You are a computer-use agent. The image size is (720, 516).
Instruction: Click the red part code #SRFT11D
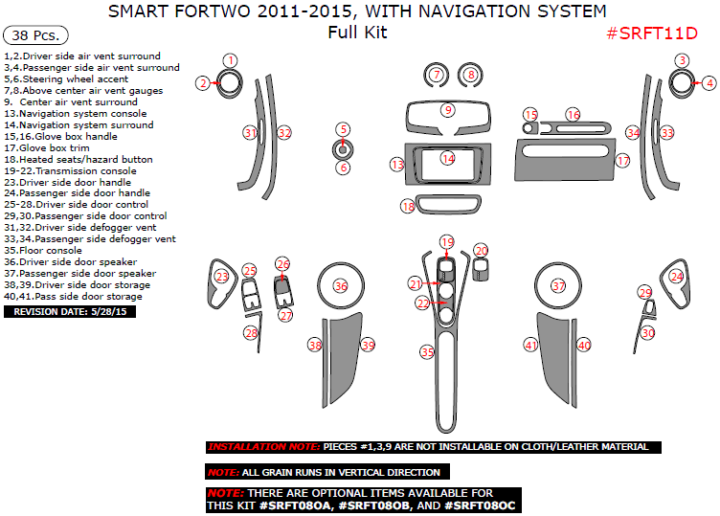point(651,34)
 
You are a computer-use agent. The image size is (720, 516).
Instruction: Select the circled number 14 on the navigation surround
point(447,158)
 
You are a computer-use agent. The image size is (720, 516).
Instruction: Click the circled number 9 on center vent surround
point(447,110)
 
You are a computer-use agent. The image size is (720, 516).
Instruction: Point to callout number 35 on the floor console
point(427,352)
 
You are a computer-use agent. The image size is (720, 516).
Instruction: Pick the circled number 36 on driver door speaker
point(340,286)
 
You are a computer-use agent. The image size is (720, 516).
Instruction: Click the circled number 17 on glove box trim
point(623,161)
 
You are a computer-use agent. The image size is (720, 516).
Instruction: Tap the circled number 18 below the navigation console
point(408,206)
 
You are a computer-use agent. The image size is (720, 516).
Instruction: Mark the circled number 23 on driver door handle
point(222,277)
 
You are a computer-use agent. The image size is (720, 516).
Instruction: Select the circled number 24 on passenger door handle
point(677,277)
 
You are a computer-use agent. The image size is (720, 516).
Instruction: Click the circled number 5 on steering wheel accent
point(343,129)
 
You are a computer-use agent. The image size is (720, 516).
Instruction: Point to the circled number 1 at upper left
point(230,60)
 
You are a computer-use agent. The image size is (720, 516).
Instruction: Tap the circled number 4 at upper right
point(709,83)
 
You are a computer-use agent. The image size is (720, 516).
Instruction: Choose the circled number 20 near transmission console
point(482,251)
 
